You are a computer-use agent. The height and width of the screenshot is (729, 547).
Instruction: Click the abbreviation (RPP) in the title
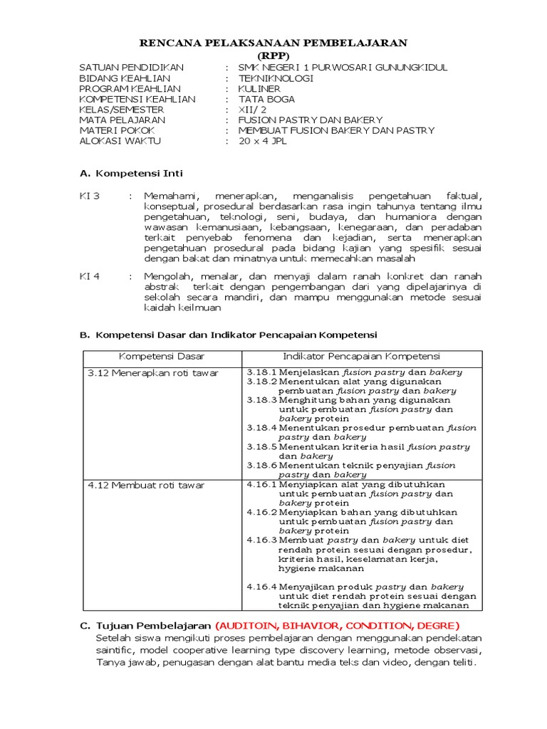pyautogui.click(x=273, y=56)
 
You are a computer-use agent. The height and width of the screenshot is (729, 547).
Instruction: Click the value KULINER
pyautogui.click(x=260, y=89)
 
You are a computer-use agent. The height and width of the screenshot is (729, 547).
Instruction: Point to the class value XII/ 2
pyautogui.click(x=252, y=110)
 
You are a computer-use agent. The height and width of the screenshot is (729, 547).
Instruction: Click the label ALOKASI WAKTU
pyautogui.click(x=120, y=141)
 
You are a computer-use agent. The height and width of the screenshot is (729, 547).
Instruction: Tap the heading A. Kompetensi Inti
pyautogui.click(x=131, y=173)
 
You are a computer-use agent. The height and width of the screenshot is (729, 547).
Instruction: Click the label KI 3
pyautogui.click(x=90, y=195)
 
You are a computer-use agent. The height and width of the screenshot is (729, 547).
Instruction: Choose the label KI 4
pyautogui.click(x=90, y=276)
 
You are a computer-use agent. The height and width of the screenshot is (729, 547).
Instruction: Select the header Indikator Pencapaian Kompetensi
pyautogui.click(x=362, y=356)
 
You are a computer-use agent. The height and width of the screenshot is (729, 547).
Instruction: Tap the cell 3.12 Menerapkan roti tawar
pyautogui.click(x=152, y=372)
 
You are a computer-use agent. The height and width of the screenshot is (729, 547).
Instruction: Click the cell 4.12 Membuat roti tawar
pyautogui.click(x=145, y=485)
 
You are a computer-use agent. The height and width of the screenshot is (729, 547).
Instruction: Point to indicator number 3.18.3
pyautogui.click(x=261, y=400)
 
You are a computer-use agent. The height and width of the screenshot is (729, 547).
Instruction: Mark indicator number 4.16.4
pyautogui.click(x=261, y=587)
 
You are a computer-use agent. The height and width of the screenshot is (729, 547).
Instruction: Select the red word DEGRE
pyautogui.click(x=425, y=626)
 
